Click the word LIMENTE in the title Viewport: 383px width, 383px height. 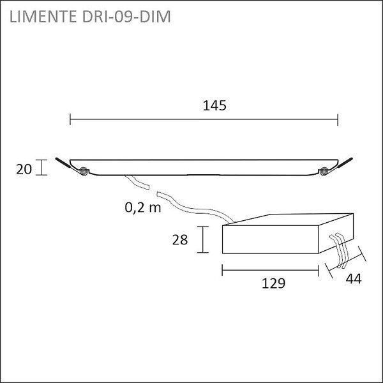pos(43,17)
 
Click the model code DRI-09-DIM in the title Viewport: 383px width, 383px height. pos(126,17)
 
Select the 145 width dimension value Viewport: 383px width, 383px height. pos(214,105)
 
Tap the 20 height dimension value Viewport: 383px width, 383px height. pos(24,169)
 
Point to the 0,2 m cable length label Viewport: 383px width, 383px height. pos(143,207)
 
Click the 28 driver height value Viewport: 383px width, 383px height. pos(180,239)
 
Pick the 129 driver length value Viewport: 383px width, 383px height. pos(273,283)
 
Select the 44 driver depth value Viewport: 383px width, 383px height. pos(354,279)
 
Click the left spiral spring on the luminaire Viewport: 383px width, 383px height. pos(83,171)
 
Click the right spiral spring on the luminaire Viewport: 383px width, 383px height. pos(324,171)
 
